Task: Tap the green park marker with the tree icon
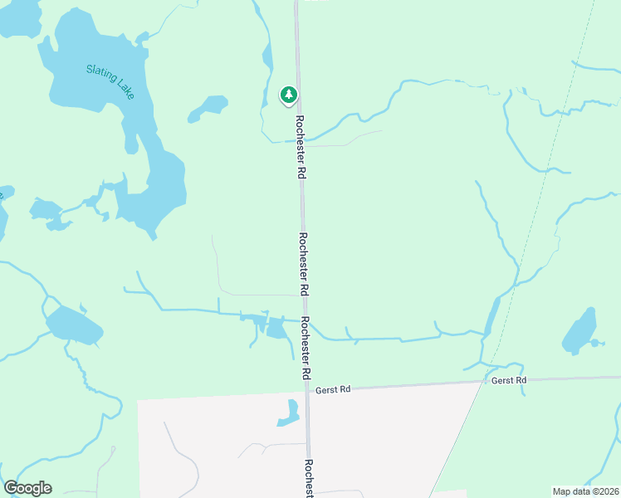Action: (288, 95)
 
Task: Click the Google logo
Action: (27, 488)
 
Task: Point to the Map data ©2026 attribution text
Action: (585, 491)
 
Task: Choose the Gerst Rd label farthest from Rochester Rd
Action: (509, 380)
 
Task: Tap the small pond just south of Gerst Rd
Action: (290, 413)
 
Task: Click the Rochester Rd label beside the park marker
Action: (300, 148)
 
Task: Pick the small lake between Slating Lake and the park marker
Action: (209, 106)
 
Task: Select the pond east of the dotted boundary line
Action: (580, 332)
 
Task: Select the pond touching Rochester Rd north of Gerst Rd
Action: (276, 329)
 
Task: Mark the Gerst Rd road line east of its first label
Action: (415, 384)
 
